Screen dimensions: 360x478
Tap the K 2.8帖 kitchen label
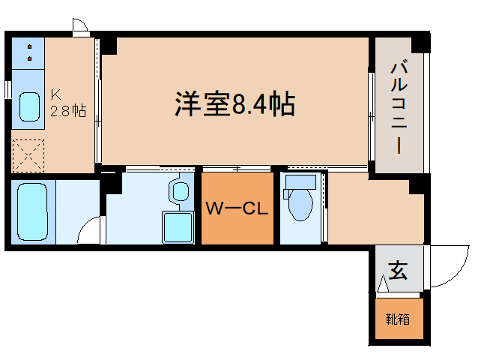(x=67, y=103)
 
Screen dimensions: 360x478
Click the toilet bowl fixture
(x=300, y=202)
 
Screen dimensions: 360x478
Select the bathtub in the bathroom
(x=31, y=211)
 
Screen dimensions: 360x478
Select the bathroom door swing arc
(x=89, y=230)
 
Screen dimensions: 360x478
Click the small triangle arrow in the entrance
(x=383, y=284)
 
